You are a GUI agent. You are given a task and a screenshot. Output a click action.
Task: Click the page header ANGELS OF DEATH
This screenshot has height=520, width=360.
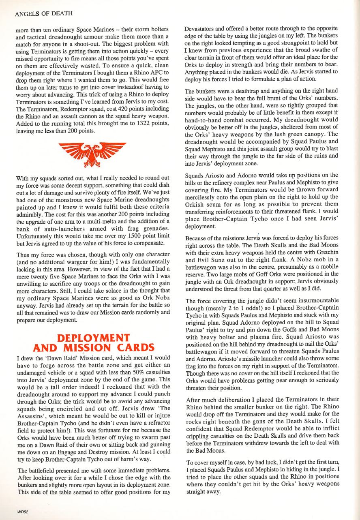click(43, 13)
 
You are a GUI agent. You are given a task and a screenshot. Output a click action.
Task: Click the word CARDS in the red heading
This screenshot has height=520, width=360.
click(133, 347)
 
